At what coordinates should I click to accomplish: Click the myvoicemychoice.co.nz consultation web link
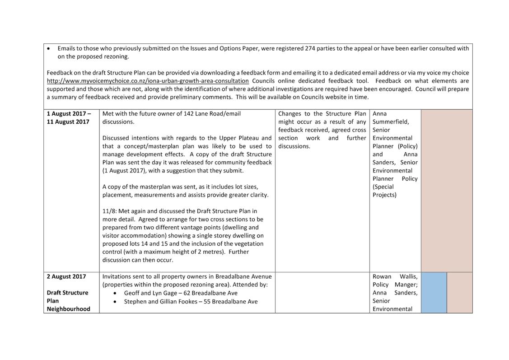(x=148, y=81)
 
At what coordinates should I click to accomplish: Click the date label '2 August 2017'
(x=66, y=276)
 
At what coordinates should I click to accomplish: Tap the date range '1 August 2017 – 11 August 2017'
(x=68, y=117)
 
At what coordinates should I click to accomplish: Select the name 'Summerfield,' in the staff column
(x=391, y=122)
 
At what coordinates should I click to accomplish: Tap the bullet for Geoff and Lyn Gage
(x=116, y=293)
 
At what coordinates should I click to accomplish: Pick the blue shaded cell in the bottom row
(x=434, y=292)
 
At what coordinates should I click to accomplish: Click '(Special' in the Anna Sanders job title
(x=383, y=187)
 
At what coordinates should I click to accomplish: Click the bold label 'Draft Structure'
(x=68, y=293)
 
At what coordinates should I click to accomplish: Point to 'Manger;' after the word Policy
(x=406, y=285)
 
